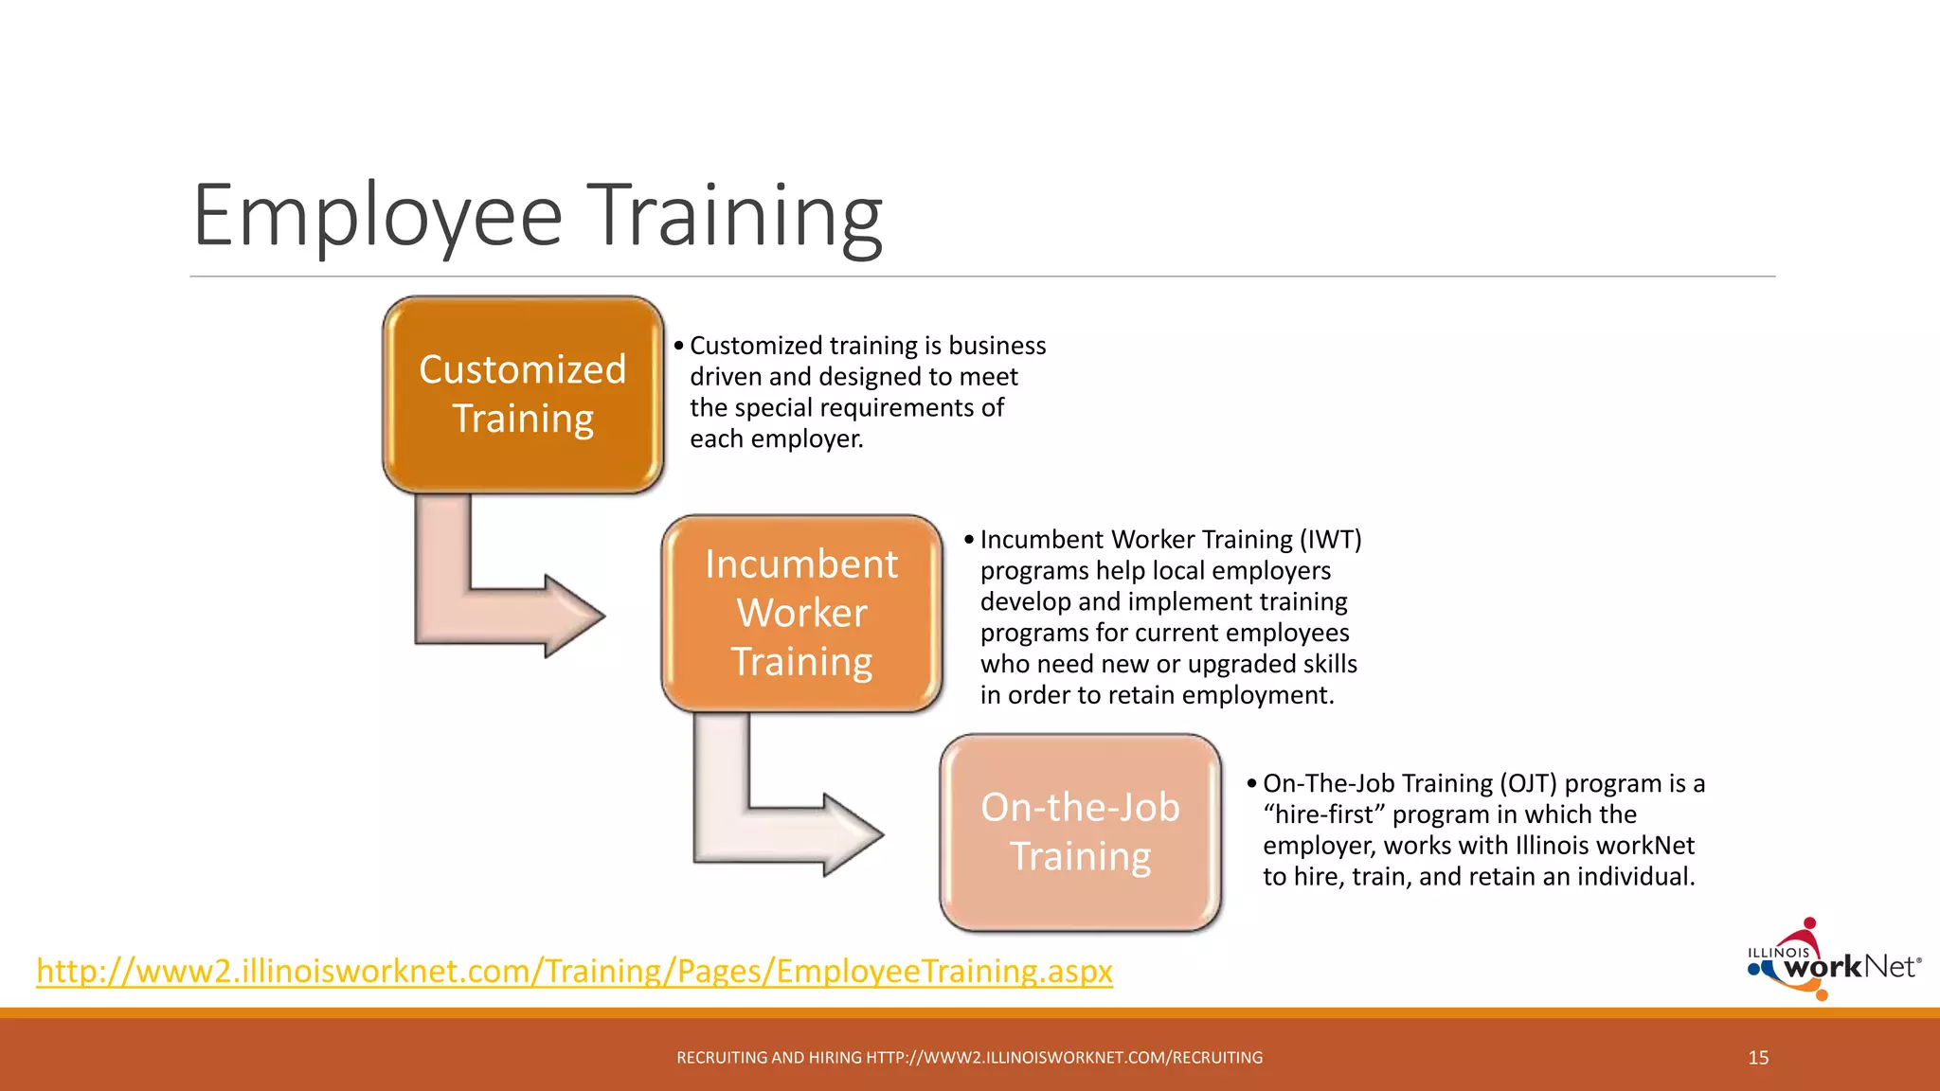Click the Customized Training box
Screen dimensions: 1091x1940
[x=523, y=394]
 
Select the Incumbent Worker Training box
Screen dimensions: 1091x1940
[x=801, y=613]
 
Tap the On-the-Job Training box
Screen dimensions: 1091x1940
[x=1080, y=832]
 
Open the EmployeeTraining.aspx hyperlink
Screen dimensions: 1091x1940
[x=574, y=971]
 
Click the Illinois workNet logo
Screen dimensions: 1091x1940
[x=1833, y=961]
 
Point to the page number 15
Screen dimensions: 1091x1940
[x=1758, y=1058]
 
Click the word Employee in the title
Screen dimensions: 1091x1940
[x=377, y=216]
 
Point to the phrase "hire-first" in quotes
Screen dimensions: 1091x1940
[x=1323, y=814]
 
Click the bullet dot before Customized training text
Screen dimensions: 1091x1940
[x=678, y=346]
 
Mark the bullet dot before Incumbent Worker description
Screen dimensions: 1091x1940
[x=968, y=540]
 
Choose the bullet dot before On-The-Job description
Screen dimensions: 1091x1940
[x=1251, y=783]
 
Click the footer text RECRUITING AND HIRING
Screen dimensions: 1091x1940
[x=769, y=1058]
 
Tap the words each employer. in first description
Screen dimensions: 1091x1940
[x=777, y=439]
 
